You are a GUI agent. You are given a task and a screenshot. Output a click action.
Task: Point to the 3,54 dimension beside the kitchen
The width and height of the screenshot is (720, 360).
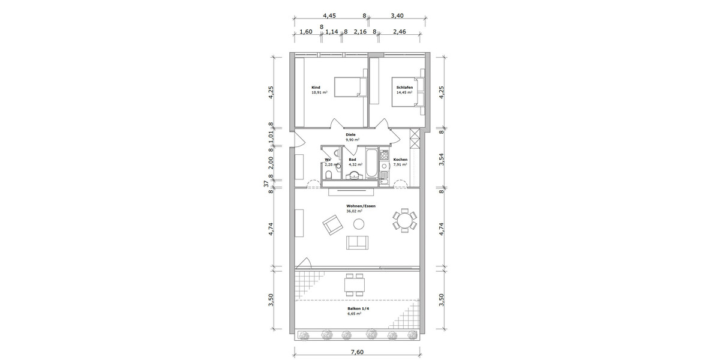[441, 158]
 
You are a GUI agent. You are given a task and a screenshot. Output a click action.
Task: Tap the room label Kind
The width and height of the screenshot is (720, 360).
[316, 88]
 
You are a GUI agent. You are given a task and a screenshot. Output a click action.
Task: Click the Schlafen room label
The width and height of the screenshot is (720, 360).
[404, 88]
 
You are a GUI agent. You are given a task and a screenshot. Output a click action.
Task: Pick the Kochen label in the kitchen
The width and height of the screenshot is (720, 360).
[400, 160]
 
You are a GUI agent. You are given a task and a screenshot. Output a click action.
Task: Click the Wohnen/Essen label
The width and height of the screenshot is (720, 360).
[360, 206]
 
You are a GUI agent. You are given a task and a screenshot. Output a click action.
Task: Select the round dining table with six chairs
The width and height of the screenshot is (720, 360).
[404, 220]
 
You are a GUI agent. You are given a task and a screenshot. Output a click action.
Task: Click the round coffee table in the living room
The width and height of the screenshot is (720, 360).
[359, 224]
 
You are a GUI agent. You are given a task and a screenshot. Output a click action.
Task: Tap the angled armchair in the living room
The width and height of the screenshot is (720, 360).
[332, 226]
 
